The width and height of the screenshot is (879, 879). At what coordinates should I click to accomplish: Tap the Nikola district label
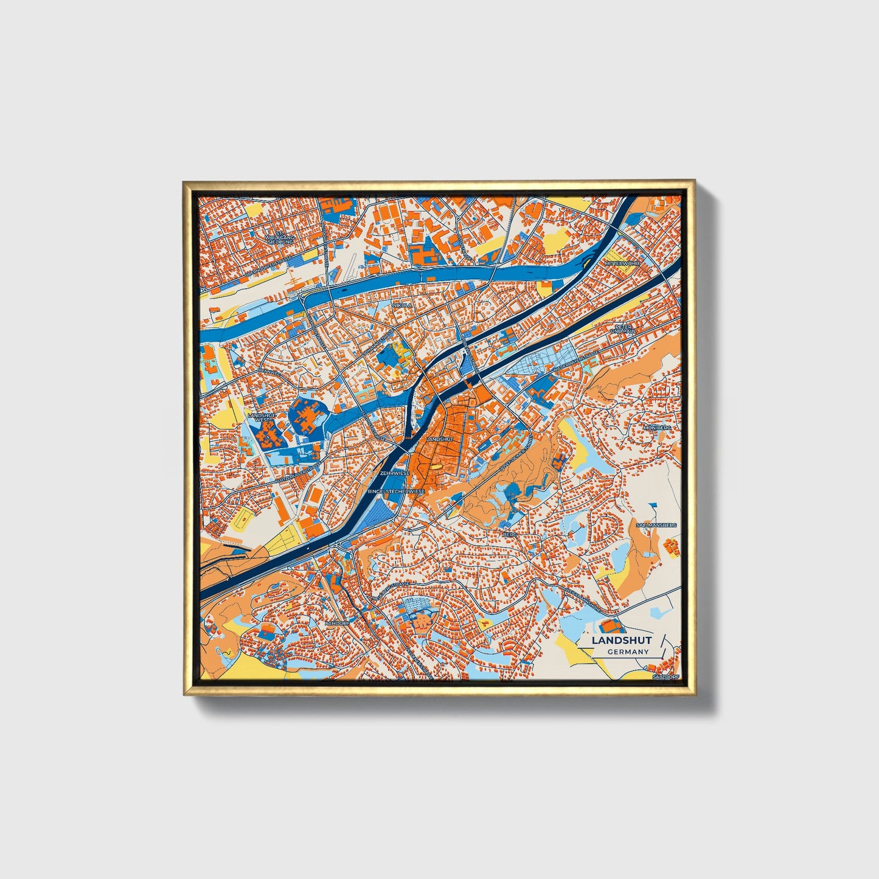[402, 305]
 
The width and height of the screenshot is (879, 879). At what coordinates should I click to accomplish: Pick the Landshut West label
[262, 417]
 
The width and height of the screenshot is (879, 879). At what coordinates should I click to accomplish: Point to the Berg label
[509, 534]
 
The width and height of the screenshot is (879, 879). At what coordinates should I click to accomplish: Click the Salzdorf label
[664, 676]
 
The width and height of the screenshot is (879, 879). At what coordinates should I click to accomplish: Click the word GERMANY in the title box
[628, 651]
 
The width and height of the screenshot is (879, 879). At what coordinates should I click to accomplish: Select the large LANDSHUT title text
[622, 640]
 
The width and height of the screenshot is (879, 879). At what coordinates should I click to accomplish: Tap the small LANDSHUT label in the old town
[440, 439]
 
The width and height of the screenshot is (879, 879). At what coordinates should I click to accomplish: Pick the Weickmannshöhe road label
[582, 592]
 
